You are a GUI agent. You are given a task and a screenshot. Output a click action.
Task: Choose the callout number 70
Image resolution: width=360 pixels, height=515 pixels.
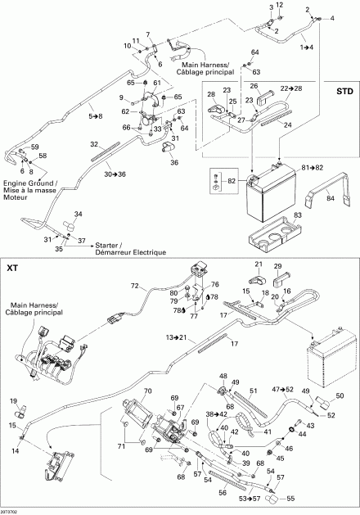(x=148, y=391)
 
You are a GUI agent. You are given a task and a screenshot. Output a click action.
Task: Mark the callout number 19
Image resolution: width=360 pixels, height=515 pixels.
(x=13, y=399)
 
